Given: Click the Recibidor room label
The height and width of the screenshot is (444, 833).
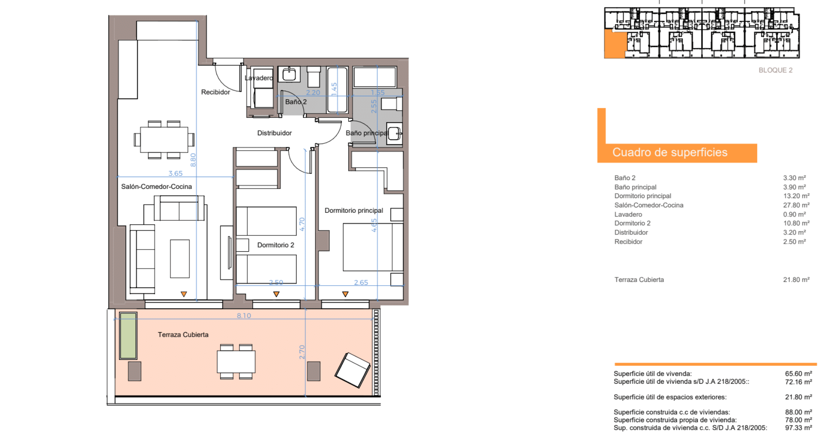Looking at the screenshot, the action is [216, 92].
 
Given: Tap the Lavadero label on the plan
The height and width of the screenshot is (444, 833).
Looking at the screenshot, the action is [259, 78].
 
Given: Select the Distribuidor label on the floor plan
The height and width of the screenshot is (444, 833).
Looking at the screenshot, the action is [275, 133].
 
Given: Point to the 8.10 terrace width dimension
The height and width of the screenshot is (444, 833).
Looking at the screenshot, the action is [244, 315].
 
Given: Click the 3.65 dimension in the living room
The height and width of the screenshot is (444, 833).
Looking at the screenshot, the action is [175, 173].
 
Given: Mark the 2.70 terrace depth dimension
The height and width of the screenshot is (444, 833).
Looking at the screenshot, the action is [302, 352].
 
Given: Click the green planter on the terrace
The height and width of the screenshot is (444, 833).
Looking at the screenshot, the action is [128, 336].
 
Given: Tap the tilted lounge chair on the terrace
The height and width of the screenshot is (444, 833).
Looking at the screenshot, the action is [352, 370].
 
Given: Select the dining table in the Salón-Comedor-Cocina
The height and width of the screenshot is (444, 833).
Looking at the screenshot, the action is [164, 139].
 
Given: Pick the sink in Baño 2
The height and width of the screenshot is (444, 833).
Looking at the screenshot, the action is [289, 75].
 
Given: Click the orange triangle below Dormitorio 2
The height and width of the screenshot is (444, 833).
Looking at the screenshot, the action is [276, 294].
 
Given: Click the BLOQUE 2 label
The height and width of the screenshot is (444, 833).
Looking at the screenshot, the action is [776, 70].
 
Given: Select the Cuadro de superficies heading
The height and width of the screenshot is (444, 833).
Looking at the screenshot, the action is [670, 152].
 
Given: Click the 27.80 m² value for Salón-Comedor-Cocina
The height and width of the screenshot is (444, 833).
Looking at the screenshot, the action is [796, 205].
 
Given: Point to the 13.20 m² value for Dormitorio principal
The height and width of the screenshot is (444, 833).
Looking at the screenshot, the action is [796, 196].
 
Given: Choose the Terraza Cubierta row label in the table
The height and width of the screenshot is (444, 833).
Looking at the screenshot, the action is [639, 280].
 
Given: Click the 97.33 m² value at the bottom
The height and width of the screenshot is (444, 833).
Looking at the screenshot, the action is [799, 428].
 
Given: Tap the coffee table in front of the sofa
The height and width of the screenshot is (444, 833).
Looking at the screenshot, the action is [180, 259].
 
